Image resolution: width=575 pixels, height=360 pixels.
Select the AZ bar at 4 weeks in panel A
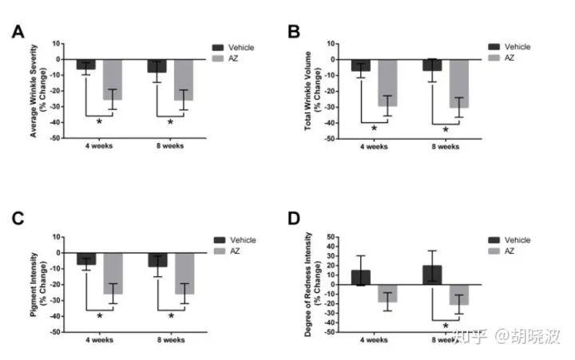pos(113,79)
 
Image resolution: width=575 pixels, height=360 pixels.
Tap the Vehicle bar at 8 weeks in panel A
pos(157,65)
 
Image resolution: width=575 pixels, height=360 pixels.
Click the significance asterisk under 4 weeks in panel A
pos(99,121)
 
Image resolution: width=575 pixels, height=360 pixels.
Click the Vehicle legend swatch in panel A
pos(218,48)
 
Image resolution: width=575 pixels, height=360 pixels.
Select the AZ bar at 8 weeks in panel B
pos(458,83)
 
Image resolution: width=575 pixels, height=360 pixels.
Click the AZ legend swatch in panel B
pos(493,58)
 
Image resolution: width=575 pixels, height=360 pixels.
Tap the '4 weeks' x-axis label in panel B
pos(375,147)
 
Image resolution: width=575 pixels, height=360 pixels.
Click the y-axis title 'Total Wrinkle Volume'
pos(307,90)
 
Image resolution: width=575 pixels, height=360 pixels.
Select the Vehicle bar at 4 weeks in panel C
pos(86,259)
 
